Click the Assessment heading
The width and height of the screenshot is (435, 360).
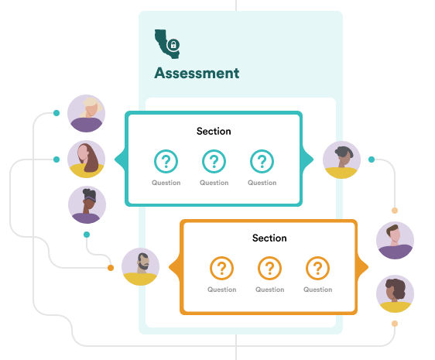197,74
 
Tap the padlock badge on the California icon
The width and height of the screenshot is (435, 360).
173,45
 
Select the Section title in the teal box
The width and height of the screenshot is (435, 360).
214,131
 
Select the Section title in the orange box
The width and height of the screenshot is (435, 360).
269,238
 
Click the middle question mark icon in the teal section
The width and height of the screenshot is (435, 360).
214,161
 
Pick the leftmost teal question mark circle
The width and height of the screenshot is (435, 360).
166,161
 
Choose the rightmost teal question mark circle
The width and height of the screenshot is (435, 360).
262,161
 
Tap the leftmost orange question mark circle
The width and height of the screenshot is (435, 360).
221,268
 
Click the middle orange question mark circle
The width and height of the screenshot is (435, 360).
269,268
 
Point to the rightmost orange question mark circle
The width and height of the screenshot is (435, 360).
317,268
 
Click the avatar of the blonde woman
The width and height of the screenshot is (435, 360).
86,113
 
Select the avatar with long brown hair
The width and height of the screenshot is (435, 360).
86,159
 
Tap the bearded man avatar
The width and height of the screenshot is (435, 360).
140,267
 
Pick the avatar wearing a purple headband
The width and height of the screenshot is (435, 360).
87,205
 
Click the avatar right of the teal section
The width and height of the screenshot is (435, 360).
342,159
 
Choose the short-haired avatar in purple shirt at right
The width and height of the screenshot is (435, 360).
395,240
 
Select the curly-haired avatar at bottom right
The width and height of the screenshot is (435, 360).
395,293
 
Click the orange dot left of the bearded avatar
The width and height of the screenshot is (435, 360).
111,268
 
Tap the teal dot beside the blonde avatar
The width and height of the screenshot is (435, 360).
57,113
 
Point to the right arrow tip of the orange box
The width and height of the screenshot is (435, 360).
368,267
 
